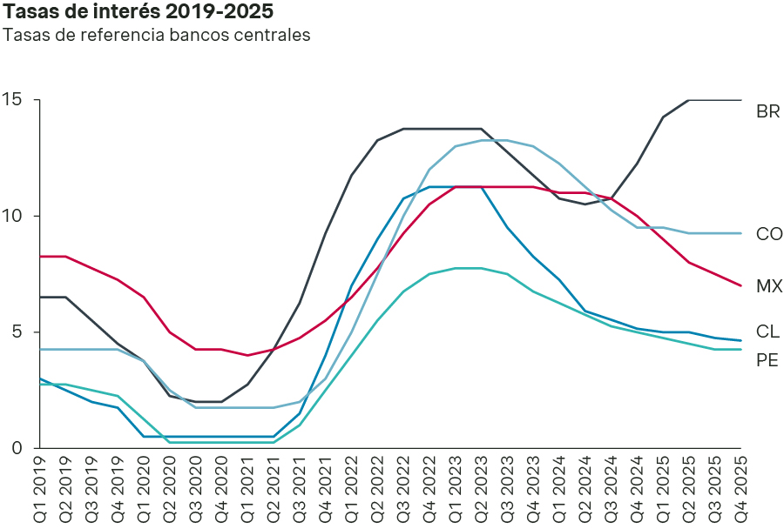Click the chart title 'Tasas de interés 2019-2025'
pyautogui.click(x=138, y=12)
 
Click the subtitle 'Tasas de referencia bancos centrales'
pyautogui.click(x=157, y=36)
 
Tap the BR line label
pyautogui.click(x=767, y=111)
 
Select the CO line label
pyautogui.click(x=769, y=234)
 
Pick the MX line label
pyautogui.click(x=768, y=285)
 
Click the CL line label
pyautogui.click(x=767, y=331)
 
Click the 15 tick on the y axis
pyautogui.click(x=12, y=100)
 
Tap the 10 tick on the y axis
pyautogui.click(x=12, y=216)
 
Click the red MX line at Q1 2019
pyautogui.click(x=40, y=257)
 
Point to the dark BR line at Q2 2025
pyautogui.click(x=689, y=100)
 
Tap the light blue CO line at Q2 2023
pyautogui.click(x=482, y=140)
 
